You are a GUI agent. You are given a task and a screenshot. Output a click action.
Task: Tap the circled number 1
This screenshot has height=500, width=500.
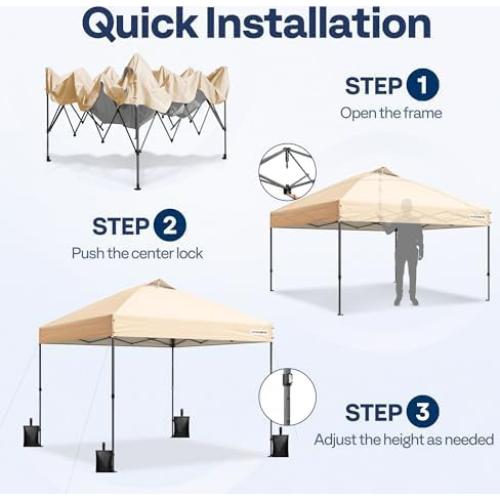pyautogui.click(x=422, y=86)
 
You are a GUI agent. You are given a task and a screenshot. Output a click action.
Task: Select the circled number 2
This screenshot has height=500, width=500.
pyautogui.click(x=169, y=226)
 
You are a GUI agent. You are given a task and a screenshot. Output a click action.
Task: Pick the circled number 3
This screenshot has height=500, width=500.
pyautogui.click(x=422, y=412)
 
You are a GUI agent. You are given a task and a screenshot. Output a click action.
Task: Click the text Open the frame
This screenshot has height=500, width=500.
pyautogui.click(x=389, y=113)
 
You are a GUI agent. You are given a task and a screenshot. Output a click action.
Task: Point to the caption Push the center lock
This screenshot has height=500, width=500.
pyautogui.click(x=137, y=253)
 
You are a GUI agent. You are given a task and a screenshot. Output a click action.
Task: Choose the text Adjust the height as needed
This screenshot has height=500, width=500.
pyautogui.click(x=403, y=439)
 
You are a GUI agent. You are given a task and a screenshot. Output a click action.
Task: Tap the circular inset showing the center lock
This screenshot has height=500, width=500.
pyautogui.click(x=287, y=171)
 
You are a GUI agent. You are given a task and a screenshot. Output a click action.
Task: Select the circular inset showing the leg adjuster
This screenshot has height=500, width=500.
pyautogui.click(x=287, y=397)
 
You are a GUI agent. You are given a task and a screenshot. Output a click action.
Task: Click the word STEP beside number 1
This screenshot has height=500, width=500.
pyautogui.click(x=373, y=86)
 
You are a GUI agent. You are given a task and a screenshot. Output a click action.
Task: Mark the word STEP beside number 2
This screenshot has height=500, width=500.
pyautogui.click(x=121, y=226)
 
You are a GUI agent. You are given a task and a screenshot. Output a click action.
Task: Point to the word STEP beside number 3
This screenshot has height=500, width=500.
pyautogui.click(x=373, y=412)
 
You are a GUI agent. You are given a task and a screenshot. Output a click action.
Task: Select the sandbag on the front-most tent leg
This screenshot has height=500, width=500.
pyautogui.click(x=106, y=458)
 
